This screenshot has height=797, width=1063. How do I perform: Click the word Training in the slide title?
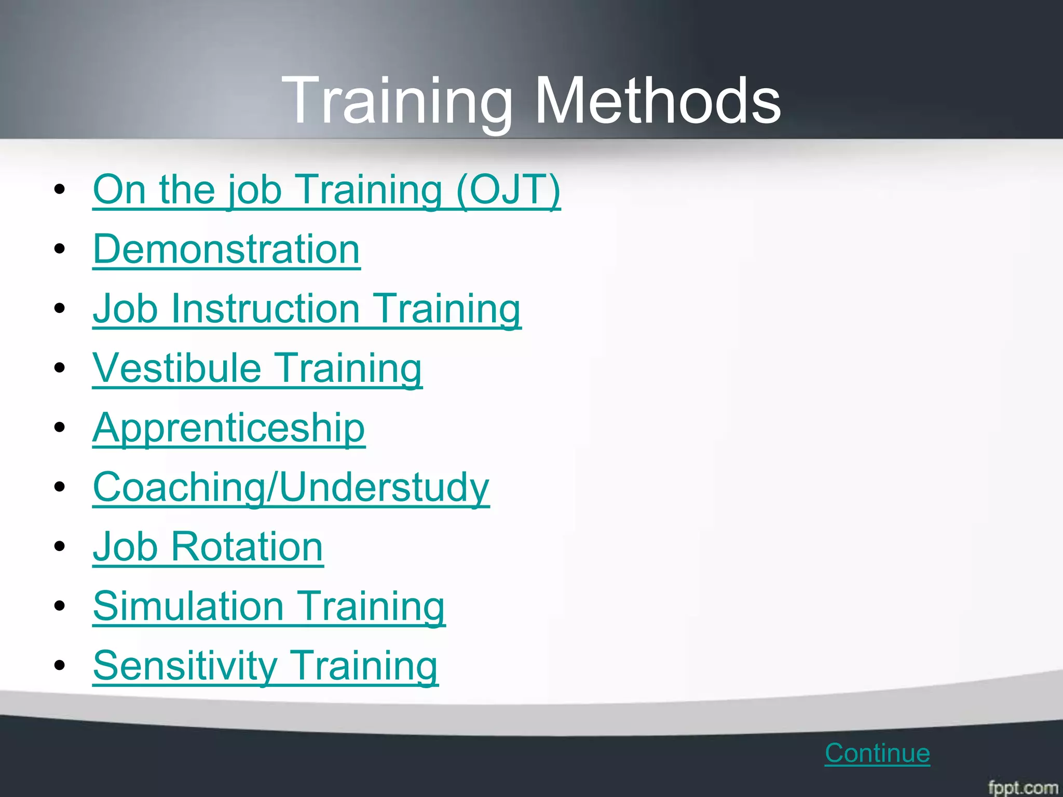coord(397,101)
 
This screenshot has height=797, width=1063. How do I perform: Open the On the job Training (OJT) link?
coord(326,190)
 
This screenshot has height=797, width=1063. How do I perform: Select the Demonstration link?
coord(226,250)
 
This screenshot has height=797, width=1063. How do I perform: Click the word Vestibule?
coord(176,368)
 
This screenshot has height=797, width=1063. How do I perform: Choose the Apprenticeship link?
coord(228,429)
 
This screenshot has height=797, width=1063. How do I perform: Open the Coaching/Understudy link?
coord(291,488)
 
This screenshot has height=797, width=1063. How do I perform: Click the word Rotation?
coord(247,547)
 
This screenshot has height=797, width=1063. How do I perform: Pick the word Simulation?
coord(188,607)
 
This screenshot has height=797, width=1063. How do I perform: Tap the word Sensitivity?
coord(185,666)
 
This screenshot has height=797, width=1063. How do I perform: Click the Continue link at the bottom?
coord(877,753)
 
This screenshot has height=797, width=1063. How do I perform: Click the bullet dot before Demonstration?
coord(60,249)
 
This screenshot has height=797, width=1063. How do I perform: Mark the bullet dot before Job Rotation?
coord(60,546)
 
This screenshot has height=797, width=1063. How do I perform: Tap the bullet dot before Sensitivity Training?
coord(60,665)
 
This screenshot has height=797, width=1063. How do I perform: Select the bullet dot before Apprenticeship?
coord(60,428)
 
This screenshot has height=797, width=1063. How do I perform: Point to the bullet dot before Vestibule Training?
coord(60,368)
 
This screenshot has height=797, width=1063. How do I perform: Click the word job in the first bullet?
coord(254,190)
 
